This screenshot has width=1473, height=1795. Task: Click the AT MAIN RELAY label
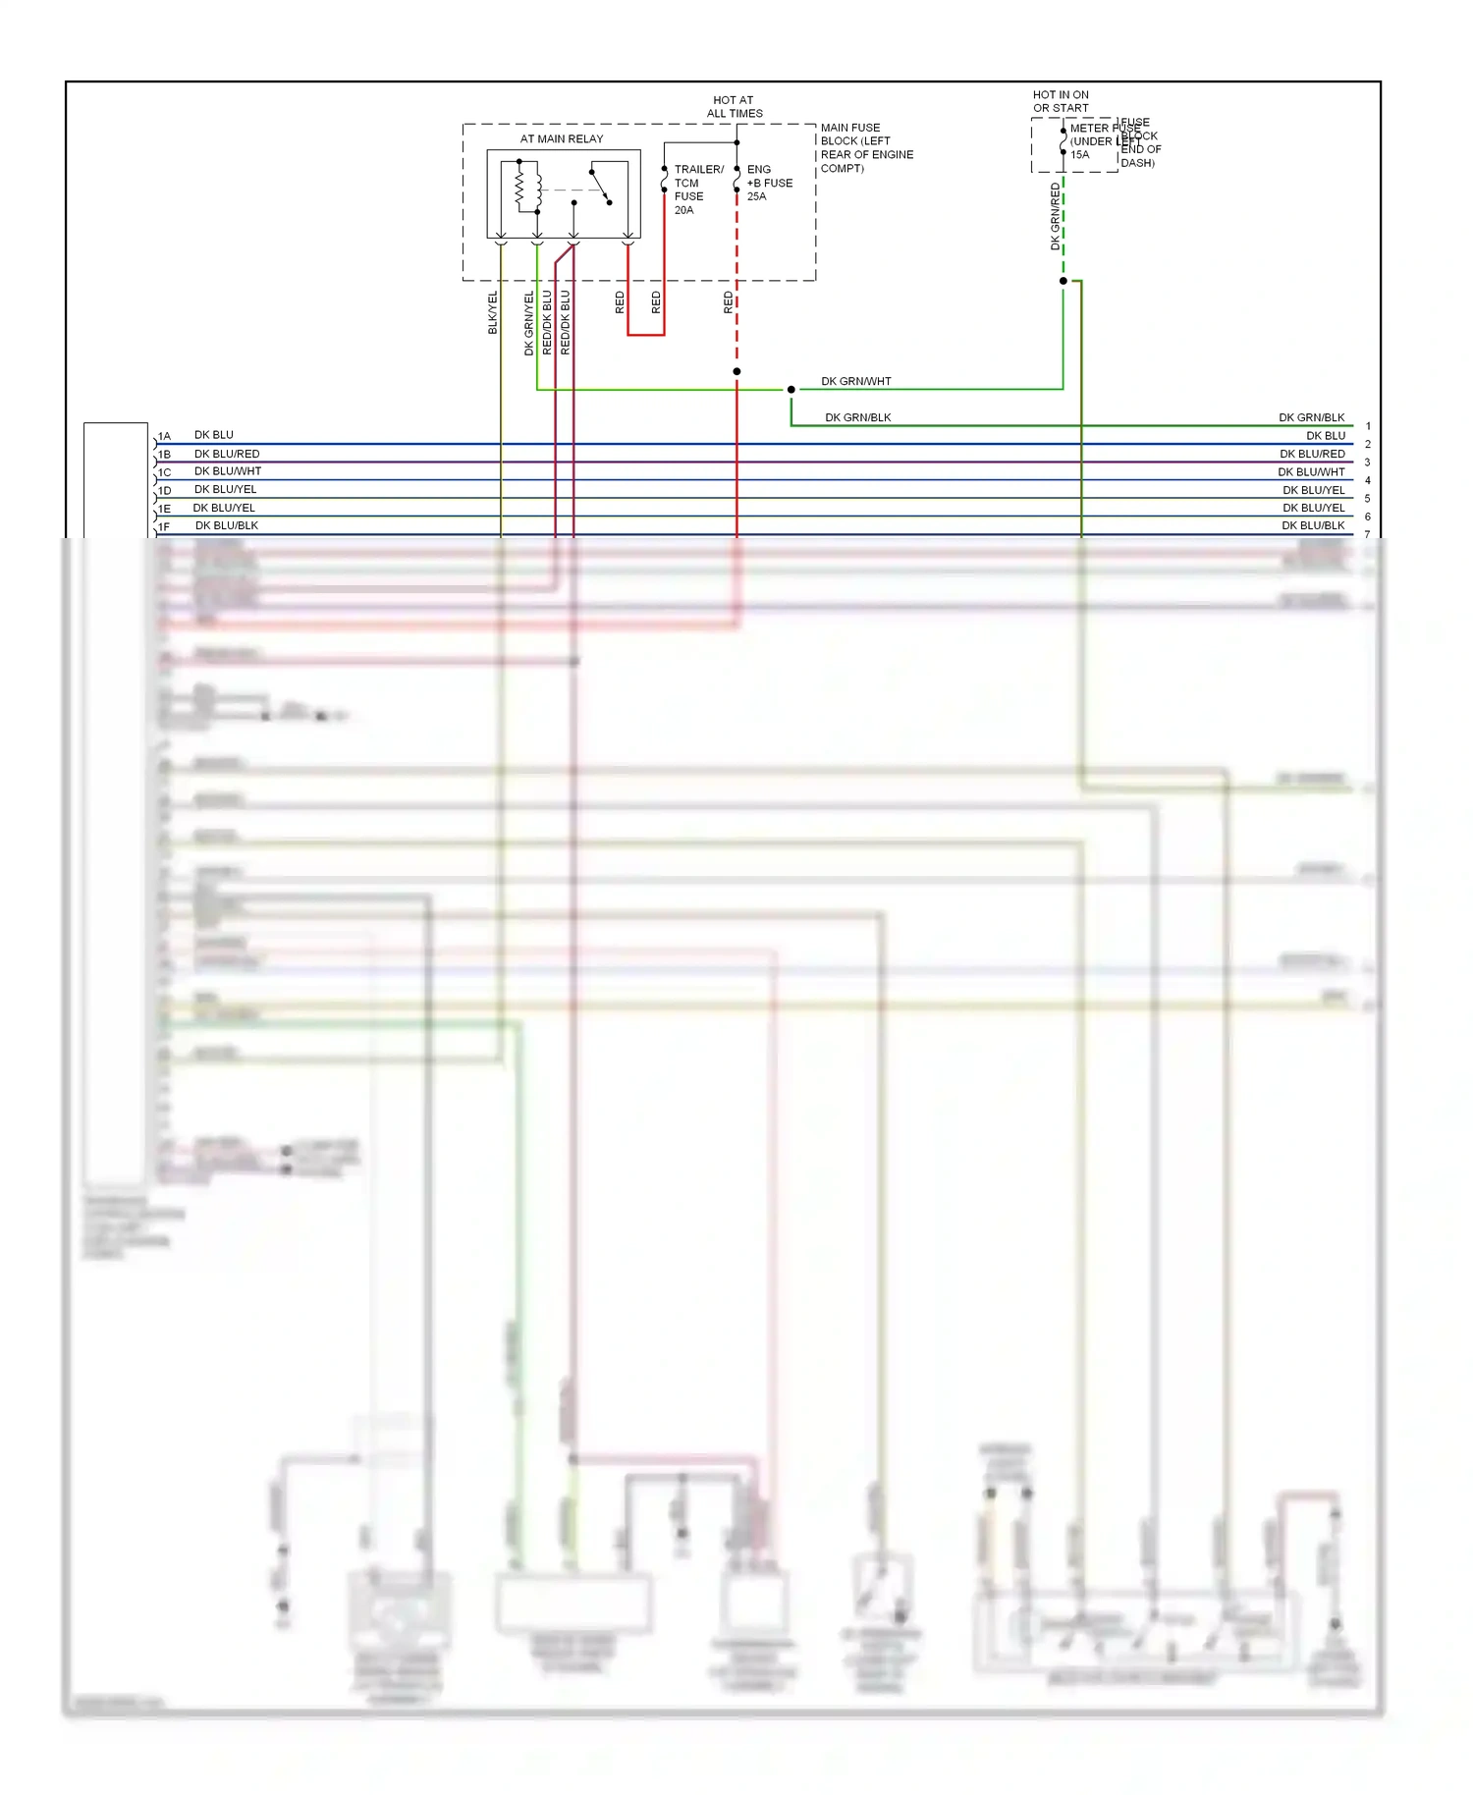(562, 138)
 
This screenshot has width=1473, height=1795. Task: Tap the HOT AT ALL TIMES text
(734, 106)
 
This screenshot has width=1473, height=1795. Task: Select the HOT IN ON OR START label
(1061, 101)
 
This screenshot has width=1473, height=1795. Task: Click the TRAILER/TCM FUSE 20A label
(697, 190)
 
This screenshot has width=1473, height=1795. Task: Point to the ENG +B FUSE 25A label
(769, 183)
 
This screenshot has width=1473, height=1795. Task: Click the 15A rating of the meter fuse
(1079, 155)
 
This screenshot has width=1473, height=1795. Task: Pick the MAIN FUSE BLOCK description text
(866, 147)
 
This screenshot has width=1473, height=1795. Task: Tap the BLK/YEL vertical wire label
(493, 312)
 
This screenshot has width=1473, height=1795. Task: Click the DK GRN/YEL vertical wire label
(529, 322)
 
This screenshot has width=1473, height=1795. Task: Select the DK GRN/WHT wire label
(855, 381)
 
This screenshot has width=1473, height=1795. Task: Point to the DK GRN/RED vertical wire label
(1056, 217)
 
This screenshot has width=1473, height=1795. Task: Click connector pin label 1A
(164, 436)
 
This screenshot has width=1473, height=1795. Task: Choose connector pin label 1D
(164, 491)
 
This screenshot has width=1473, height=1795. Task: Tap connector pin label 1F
(164, 527)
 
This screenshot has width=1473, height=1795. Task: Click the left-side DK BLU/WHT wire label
(228, 471)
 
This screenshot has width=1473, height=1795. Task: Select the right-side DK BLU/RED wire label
(1312, 454)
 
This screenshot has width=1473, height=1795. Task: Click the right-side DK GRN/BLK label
(1311, 417)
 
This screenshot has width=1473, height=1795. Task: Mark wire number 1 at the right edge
(1368, 426)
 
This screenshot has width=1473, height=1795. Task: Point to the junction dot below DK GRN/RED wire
(1063, 281)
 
